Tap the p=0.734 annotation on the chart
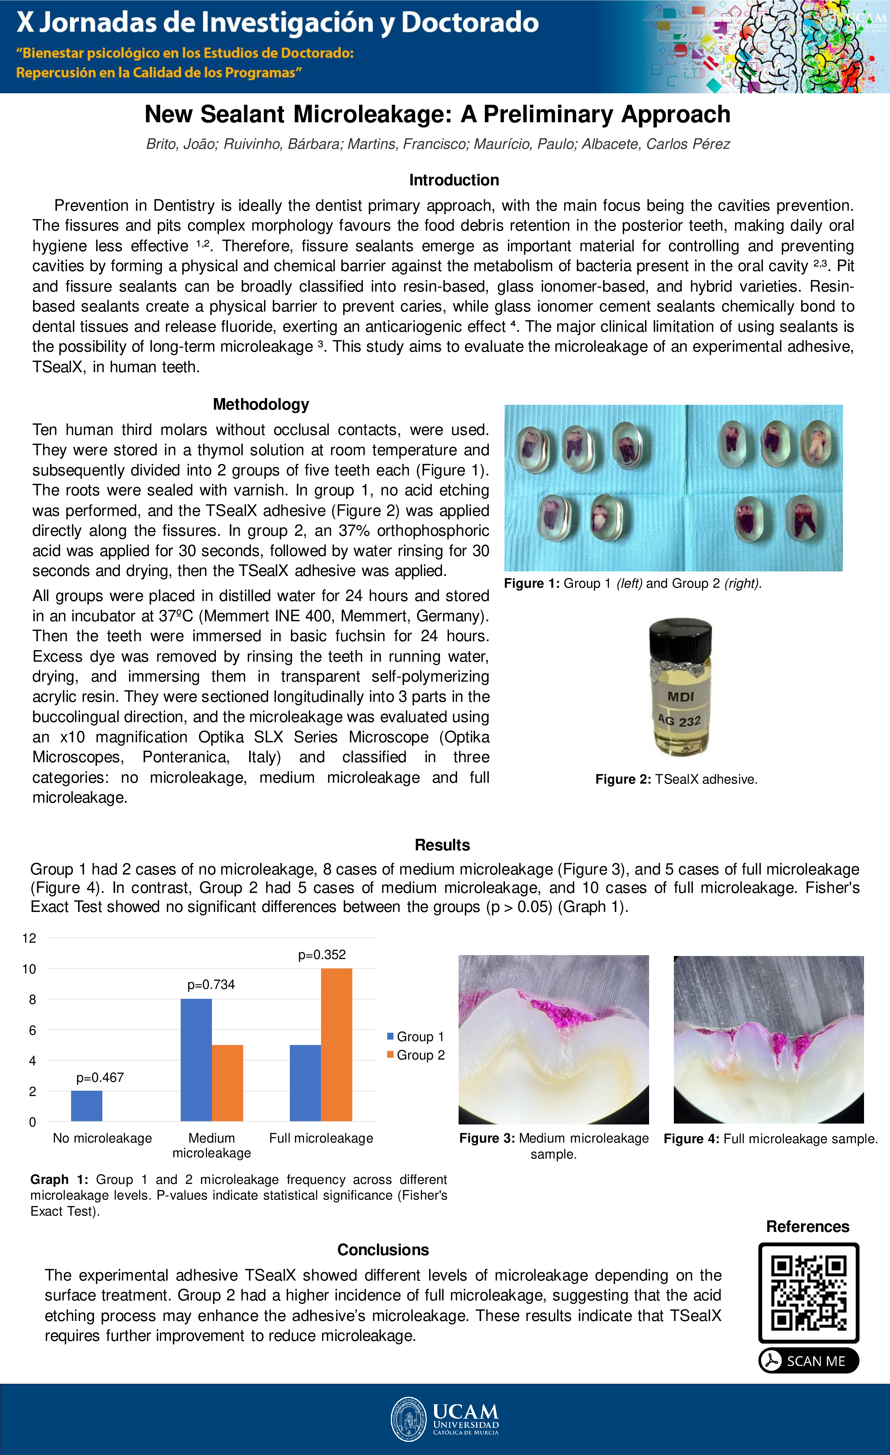(x=211, y=984)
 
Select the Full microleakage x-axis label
(x=321, y=1138)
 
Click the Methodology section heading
(x=261, y=405)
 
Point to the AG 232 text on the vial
(x=680, y=721)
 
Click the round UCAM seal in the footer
(x=408, y=1419)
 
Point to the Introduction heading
(x=453, y=180)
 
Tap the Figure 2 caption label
(x=623, y=779)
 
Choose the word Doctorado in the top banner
(x=470, y=22)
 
